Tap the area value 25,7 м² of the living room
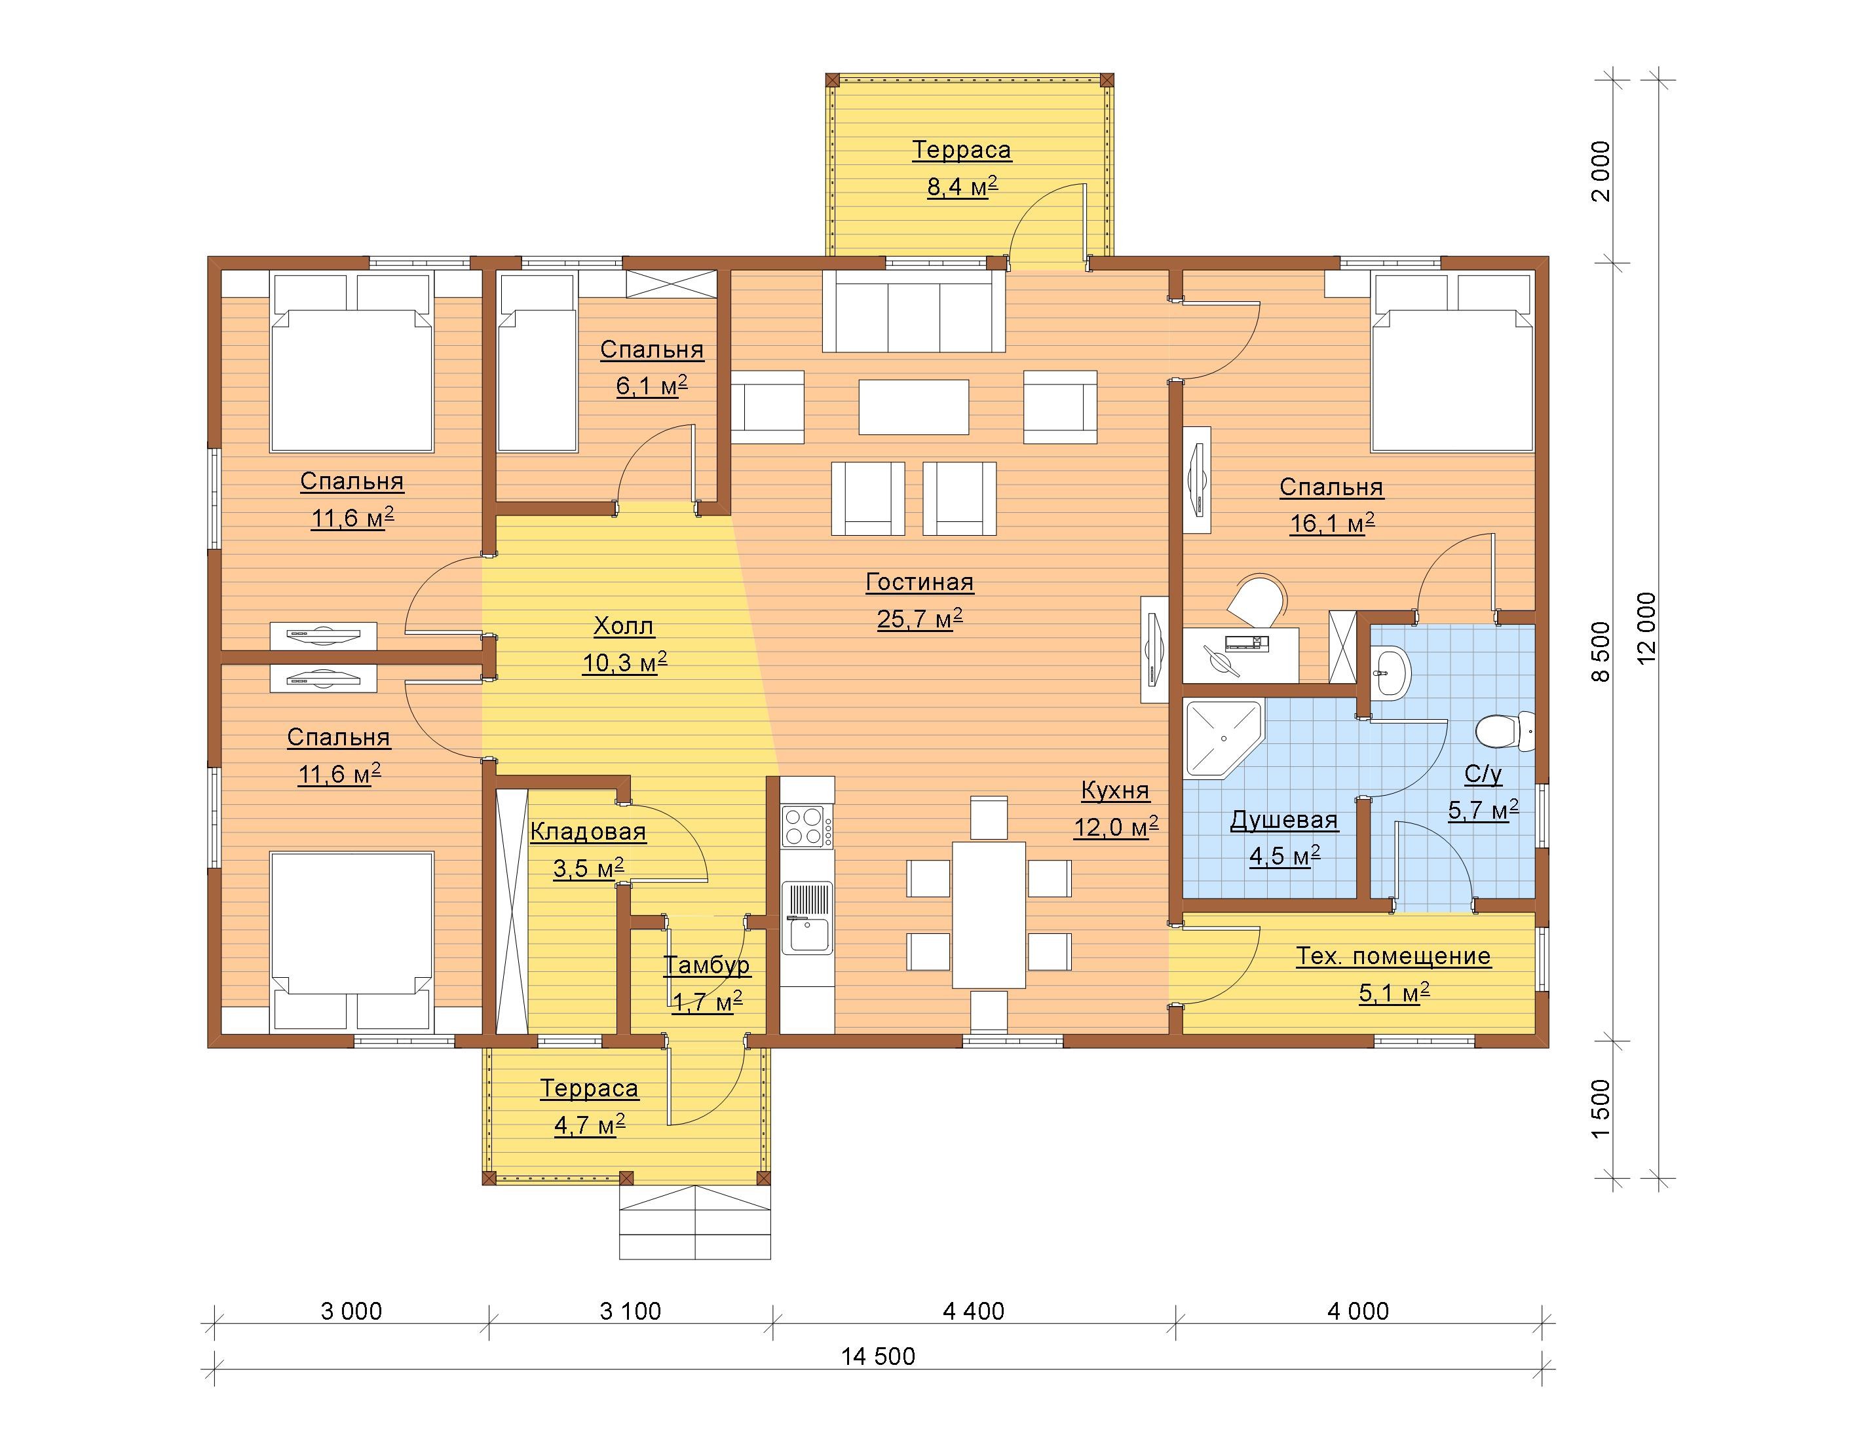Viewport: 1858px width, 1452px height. (920, 618)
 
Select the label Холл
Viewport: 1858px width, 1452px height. (624, 626)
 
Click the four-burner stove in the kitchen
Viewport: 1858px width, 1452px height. (806, 825)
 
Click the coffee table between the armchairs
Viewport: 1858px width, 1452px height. (914, 407)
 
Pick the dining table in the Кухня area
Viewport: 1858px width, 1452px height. (989, 914)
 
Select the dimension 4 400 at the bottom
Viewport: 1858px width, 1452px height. (974, 1311)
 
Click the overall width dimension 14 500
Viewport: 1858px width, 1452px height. (878, 1356)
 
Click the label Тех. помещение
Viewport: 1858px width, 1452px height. (1393, 956)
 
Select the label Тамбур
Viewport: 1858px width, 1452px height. (706, 965)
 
